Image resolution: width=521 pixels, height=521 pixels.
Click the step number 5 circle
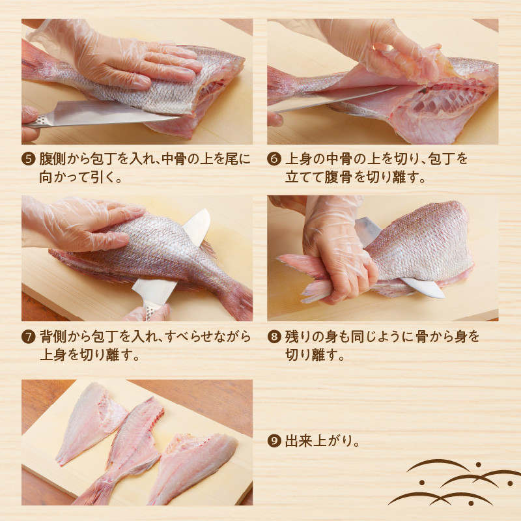(x=28, y=159)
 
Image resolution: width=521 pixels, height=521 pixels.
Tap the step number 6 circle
(x=274, y=159)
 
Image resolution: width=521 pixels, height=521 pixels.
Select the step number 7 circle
(x=28, y=337)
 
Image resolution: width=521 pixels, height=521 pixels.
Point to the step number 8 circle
(x=274, y=337)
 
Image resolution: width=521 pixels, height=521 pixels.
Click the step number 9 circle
(x=274, y=441)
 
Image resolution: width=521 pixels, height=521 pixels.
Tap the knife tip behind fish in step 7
(x=199, y=223)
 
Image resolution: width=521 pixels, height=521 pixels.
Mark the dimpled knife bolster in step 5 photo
(x=42, y=121)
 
